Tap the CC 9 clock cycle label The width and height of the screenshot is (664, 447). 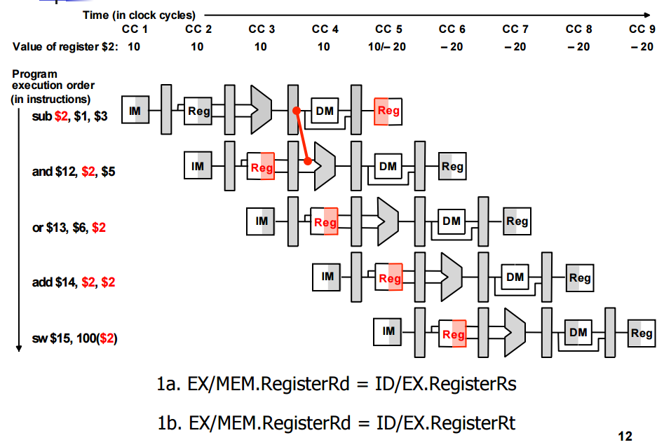pyautogui.click(x=642, y=29)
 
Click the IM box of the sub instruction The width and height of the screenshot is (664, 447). pyautogui.click(x=135, y=109)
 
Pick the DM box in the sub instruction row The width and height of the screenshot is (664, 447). pyautogui.click(x=325, y=111)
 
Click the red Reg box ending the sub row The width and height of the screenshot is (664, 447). pyautogui.click(x=388, y=111)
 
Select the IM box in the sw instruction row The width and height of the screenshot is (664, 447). pyautogui.click(x=389, y=330)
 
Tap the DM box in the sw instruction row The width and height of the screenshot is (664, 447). pyautogui.click(x=578, y=332)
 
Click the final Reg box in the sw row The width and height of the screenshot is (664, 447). pyautogui.click(x=641, y=333)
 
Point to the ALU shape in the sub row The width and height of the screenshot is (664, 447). pyautogui.click(x=261, y=105)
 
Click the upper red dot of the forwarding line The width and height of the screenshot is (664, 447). pyautogui.click(x=297, y=111)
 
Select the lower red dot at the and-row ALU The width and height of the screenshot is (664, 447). pyautogui.click(x=308, y=161)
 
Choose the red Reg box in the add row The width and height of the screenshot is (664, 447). pyautogui.click(x=389, y=278)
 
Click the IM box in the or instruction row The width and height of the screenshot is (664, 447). pyautogui.click(x=262, y=221)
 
